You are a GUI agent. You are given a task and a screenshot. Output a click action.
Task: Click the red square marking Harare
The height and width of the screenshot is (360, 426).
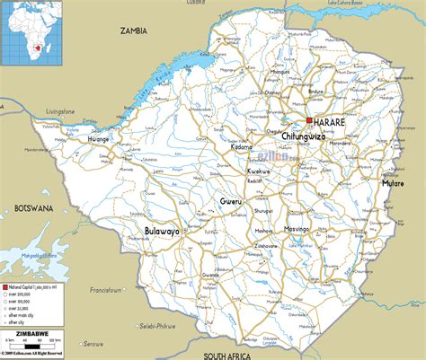[308, 121]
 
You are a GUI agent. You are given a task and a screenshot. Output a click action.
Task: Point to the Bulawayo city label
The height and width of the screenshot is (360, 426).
[162, 231]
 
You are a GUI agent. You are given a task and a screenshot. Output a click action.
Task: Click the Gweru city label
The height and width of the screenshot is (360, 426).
[232, 202]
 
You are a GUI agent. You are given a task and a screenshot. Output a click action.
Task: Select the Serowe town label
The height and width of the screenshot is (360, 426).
[93, 343]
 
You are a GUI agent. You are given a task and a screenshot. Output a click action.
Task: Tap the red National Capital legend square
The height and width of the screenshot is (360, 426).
[7, 285]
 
